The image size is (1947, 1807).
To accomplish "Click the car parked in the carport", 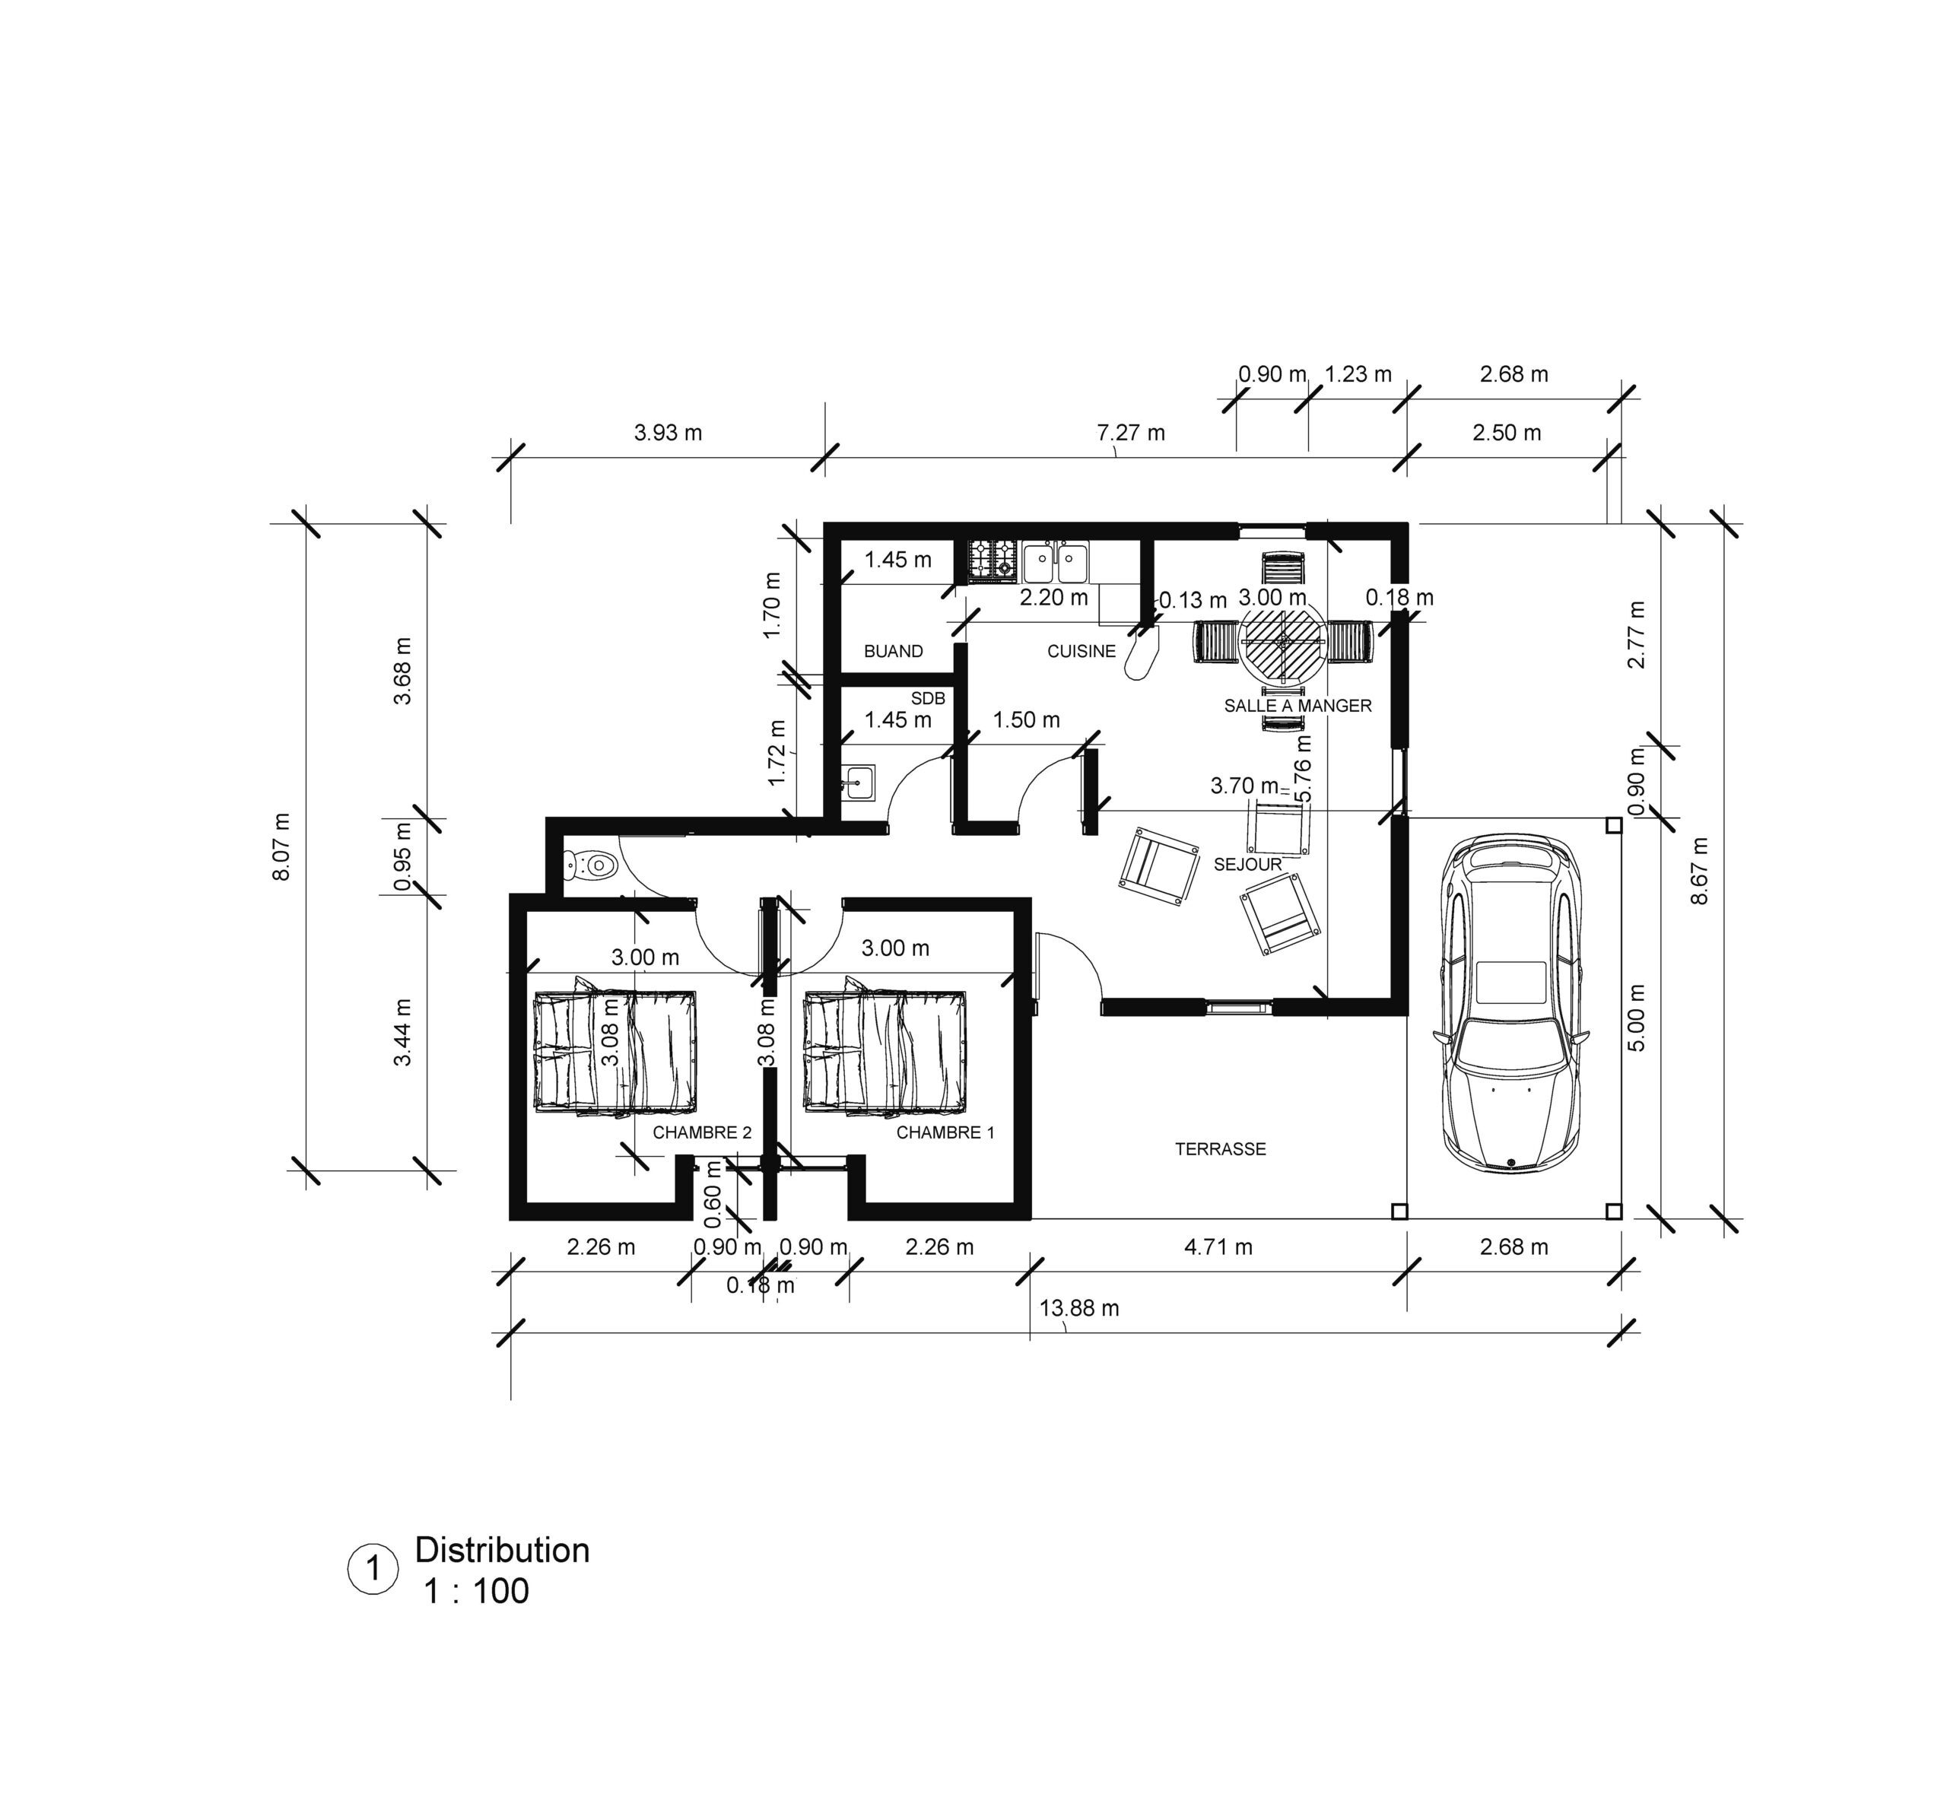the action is [1508, 1003].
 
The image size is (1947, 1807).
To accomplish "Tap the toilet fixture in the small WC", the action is [589, 865].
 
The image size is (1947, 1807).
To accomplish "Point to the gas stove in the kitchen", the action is [993, 561].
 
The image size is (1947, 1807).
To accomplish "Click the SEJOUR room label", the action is [1247, 865].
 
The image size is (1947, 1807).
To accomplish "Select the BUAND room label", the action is [893, 651].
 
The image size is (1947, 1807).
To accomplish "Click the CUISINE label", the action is [1081, 651].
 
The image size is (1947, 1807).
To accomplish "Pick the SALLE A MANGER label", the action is [1297, 706].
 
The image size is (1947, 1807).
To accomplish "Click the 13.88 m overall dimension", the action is [1078, 1308].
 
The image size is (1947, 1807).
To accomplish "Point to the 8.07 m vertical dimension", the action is [281, 846].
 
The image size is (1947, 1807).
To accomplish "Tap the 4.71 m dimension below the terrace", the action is [1218, 1246].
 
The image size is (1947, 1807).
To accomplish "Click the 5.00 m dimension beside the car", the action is [1639, 1017].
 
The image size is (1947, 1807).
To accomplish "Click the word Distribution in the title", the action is [503, 1551].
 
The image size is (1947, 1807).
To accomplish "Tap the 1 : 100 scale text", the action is [476, 1591].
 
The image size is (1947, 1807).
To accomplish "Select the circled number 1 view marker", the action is [373, 1570].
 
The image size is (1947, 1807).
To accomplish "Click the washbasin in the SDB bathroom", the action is [860, 783].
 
